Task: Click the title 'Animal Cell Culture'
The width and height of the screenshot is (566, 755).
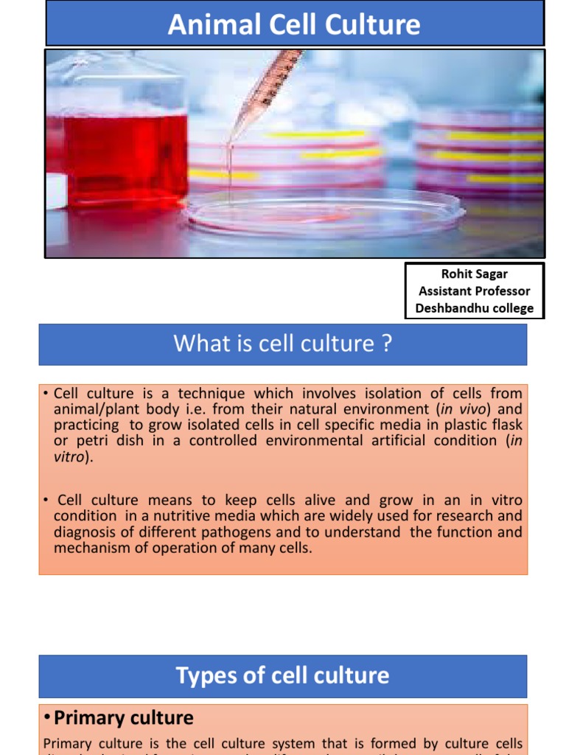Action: click(x=294, y=25)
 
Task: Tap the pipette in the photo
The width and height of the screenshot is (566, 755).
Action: click(x=265, y=93)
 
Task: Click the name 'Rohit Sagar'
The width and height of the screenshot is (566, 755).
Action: click(x=474, y=274)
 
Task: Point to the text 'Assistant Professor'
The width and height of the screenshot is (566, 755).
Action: click(x=474, y=291)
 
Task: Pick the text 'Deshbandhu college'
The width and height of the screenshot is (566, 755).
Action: click(x=474, y=308)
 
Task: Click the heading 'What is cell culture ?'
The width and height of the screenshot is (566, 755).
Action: click(x=282, y=344)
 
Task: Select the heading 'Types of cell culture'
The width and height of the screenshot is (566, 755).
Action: click(x=282, y=675)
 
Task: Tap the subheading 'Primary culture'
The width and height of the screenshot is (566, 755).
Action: click(x=124, y=718)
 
